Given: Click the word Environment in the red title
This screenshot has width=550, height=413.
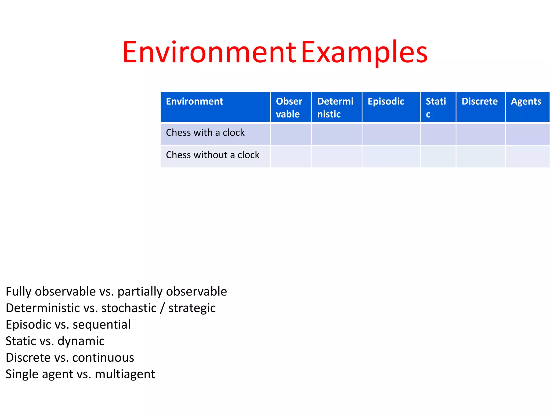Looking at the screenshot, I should [x=209, y=52].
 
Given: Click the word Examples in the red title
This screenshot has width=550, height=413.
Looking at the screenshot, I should [x=364, y=52].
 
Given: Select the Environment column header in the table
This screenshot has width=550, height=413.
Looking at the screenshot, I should [x=194, y=101].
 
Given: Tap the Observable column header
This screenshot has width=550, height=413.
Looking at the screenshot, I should [x=289, y=108].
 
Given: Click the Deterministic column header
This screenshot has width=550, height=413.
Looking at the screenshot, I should [x=335, y=108].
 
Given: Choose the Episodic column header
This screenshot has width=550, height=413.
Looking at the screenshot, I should [x=386, y=101].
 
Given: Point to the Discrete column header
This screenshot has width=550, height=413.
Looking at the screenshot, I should [x=480, y=101].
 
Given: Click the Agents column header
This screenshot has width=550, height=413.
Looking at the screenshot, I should [x=526, y=101].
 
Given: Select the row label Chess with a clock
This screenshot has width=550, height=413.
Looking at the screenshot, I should [x=205, y=133].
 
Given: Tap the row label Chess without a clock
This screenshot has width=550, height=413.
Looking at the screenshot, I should [x=213, y=155].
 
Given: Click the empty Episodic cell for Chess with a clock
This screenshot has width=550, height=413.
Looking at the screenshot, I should [x=391, y=134].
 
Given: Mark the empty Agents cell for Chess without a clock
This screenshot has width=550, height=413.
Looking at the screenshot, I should [x=527, y=156].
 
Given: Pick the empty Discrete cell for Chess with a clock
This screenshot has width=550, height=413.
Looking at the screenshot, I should [x=480, y=134].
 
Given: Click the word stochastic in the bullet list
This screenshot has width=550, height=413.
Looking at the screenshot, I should [x=129, y=308].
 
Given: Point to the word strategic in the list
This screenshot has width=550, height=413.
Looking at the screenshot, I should [x=192, y=308].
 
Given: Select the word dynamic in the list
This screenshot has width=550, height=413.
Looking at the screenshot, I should [x=81, y=341].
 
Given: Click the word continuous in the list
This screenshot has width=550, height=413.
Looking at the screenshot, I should [x=103, y=358].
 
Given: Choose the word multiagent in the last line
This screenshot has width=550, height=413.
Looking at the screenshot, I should [x=125, y=374].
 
